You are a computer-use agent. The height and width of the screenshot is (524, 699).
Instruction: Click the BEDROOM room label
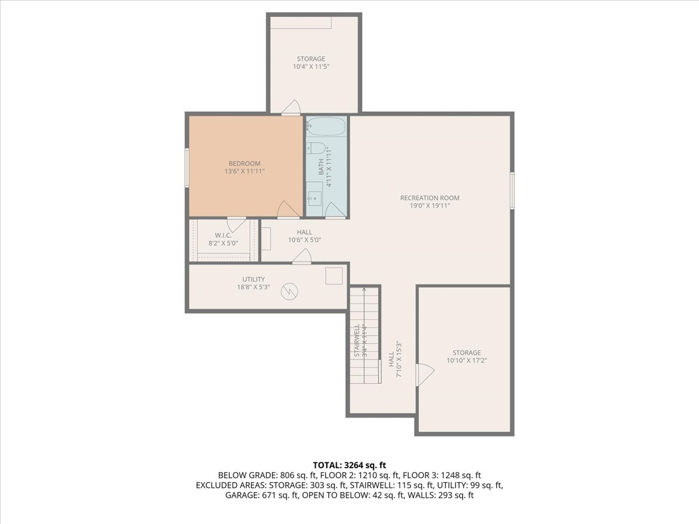(245, 164)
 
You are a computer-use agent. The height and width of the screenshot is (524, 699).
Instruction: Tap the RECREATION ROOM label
(429, 198)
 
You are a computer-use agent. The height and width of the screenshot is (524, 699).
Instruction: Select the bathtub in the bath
(326, 126)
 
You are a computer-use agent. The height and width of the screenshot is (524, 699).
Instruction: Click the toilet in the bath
(316, 148)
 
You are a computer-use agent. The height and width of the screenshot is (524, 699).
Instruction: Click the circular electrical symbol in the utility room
(289, 291)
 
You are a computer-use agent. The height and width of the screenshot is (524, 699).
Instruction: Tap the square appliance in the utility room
(334, 276)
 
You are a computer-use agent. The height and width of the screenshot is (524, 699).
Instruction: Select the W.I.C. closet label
(223, 235)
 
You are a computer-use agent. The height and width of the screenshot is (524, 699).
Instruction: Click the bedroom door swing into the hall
(288, 210)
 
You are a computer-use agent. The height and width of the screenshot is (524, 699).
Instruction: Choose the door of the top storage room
(291, 108)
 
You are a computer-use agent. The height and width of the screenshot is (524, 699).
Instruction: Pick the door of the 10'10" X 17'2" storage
(425, 375)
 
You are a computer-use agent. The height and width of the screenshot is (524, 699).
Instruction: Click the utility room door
(302, 256)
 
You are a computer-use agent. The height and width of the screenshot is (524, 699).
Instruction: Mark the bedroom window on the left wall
(187, 168)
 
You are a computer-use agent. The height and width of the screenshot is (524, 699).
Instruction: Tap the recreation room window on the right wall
(512, 190)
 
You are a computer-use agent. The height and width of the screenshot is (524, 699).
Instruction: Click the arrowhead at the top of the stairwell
(364, 289)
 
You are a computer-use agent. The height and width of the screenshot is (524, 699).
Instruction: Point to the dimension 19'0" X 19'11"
(429, 206)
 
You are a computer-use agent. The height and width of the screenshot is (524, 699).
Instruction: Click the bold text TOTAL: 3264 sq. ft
(349, 465)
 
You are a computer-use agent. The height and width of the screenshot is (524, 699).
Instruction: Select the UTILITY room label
(253, 279)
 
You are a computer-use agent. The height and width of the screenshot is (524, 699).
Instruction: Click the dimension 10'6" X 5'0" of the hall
(305, 240)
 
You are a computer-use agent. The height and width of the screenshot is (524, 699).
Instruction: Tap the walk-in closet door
(236, 224)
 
